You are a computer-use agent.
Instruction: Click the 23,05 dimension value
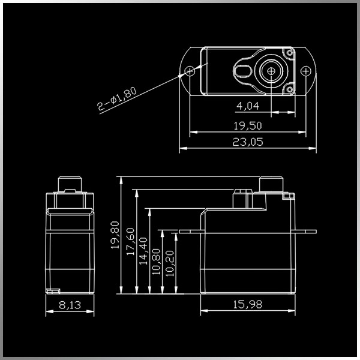(x=248, y=142)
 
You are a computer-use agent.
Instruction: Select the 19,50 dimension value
(x=248, y=126)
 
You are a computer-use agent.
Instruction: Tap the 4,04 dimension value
(x=248, y=106)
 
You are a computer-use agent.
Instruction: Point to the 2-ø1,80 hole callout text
(x=116, y=99)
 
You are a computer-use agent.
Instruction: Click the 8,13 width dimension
(x=70, y=305)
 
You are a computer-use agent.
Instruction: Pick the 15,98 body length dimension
(x=247, y=304)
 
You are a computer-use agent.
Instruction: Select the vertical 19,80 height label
(x=115, y=235)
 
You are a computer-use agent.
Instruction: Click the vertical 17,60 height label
(x=130, y=241)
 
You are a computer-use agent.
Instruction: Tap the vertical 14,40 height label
(x=143, y=251)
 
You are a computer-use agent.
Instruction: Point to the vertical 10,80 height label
(x=157, y=262)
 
